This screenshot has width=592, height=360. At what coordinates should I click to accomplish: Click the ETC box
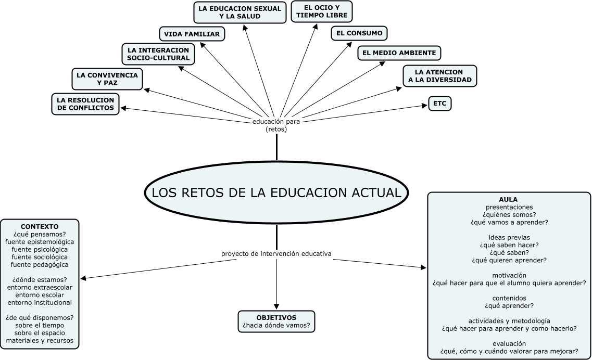tap(439, 104)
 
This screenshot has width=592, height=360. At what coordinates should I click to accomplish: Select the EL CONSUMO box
tap(359, 33)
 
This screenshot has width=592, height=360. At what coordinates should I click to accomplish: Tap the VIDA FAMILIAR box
tap(192, 34)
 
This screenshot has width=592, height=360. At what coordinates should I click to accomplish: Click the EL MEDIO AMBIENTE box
tap(399, 53)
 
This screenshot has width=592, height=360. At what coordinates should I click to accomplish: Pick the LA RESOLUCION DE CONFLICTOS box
tap(85, 104)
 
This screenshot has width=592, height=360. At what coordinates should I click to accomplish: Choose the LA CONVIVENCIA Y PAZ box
tap(107, 79)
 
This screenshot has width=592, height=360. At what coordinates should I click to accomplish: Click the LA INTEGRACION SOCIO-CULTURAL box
tap(158, 54)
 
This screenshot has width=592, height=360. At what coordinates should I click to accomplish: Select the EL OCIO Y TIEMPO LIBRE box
tap(321, 11)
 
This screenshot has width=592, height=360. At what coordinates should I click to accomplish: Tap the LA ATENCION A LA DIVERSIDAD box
tap(439, 75)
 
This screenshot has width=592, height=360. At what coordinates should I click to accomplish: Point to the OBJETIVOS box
tap(276, 322)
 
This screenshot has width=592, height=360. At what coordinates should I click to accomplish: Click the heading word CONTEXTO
tap(40, 227)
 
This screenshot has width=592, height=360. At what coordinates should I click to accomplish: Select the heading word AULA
tap(508, 199)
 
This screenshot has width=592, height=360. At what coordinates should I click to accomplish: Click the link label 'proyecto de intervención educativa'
tap(276, 254)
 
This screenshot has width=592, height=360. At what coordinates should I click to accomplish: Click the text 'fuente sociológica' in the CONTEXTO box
tap(40, 256)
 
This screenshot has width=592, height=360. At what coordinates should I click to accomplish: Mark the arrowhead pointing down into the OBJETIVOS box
tap(276, 306)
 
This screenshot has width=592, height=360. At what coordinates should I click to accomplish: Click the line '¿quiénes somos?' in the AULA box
tap(509, 214)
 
